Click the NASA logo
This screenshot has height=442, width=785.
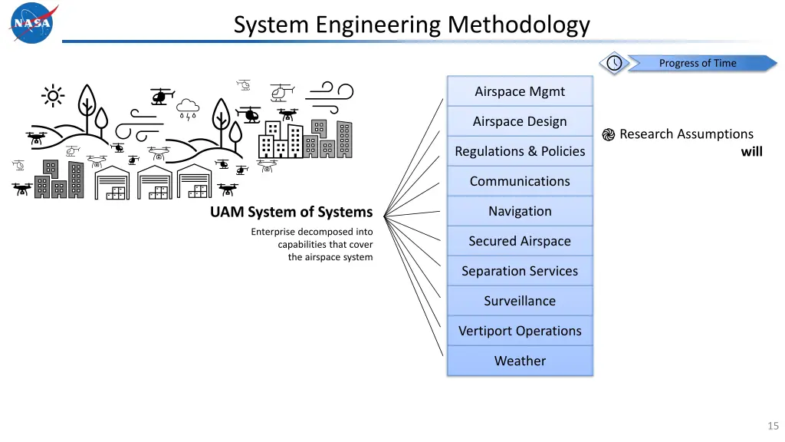tap(33, 22)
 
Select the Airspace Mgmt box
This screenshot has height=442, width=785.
tap(520, 91)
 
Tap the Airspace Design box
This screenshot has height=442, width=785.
tap(520, 121)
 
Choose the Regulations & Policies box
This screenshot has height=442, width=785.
tap(520, 151)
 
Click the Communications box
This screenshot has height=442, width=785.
tap(520, 181)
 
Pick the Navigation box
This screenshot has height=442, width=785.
tap(520, 211)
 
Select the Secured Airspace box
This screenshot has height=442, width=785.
tap(520, 241)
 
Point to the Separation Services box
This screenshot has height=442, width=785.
tap(520, 271)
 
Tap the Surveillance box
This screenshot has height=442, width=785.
tap(520, 301)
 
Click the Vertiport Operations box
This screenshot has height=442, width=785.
tap(520, 331)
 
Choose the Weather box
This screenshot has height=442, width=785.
tap(520, 361)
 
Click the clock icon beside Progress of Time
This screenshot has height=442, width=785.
tap(614, 63)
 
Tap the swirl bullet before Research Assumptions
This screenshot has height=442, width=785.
tap(608, 134)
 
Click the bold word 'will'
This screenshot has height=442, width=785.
tap(751, 151)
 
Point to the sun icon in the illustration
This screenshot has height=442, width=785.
tap(53, 96)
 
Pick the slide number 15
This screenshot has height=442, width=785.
tap(773, 426)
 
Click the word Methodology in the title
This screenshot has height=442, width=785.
tap(518, 25)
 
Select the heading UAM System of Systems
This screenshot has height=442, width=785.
tap(291, 212)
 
